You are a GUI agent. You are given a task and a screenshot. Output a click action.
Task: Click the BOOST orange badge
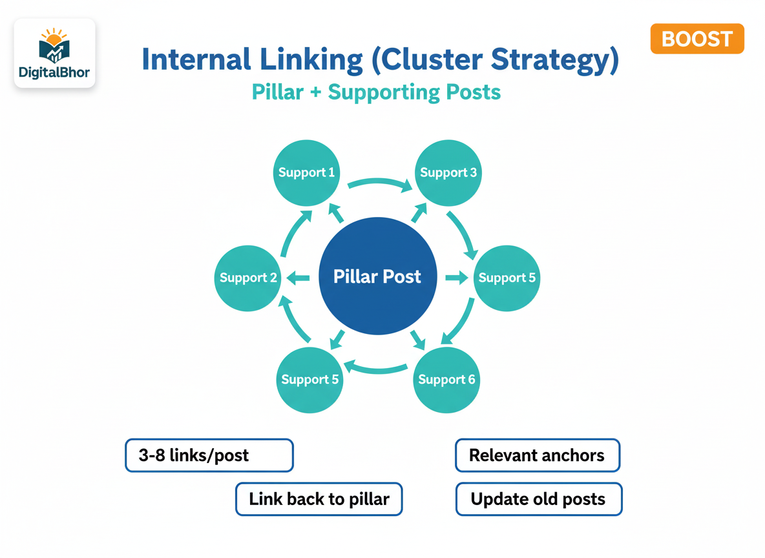click(697, 39)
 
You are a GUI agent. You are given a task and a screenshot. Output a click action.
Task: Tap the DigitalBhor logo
click(55, 53)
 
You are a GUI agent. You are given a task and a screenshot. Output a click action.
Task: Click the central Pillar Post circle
click(378, 277)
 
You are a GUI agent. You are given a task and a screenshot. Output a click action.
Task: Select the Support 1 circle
click(306, 172)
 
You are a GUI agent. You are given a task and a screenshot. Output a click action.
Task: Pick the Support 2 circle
click(248, 278)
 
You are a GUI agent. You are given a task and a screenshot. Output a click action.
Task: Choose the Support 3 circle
click(448, 172)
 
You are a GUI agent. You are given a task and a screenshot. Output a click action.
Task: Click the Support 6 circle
click(446, 379)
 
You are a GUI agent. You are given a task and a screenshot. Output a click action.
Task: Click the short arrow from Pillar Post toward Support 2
click(298, 278)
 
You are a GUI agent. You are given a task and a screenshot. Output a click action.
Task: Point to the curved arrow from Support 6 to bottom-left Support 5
click(376, 369)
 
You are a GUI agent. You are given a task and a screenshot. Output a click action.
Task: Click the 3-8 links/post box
click(209, 455)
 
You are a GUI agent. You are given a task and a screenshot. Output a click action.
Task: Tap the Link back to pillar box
click(319, 499)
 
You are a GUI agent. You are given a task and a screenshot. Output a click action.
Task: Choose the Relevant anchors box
click(537, 455)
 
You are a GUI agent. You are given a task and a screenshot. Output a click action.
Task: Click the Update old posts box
click(538, 499)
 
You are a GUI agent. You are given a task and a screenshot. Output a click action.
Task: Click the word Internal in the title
click(196, 60)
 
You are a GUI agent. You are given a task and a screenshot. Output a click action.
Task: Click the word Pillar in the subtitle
click(277, 92)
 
